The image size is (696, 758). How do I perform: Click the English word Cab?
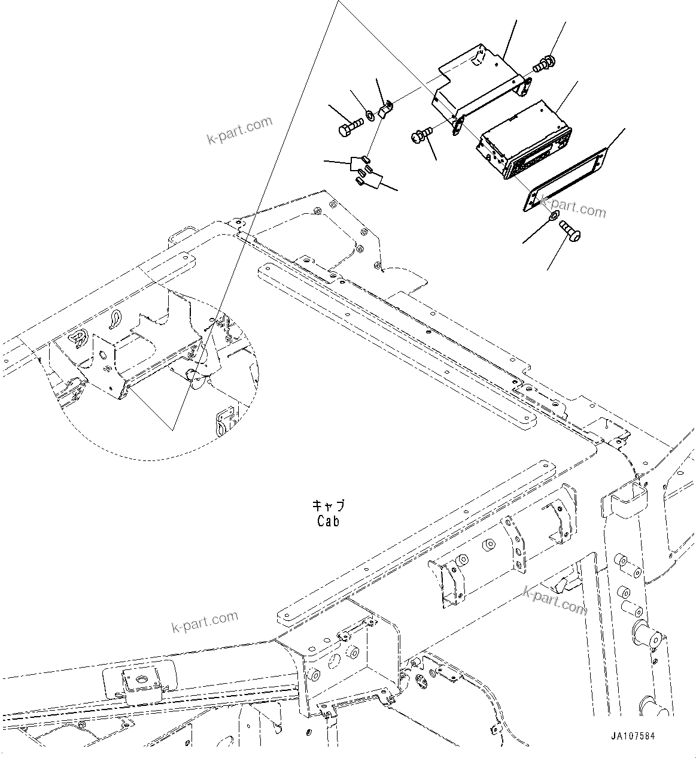coord(329,521)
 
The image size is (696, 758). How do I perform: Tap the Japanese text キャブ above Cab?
coord(329,506)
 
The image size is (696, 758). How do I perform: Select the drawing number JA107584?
coord(633,736)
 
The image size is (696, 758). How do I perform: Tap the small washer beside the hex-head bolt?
coord(370,114)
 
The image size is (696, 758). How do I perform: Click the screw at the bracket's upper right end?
coord(545,63)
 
